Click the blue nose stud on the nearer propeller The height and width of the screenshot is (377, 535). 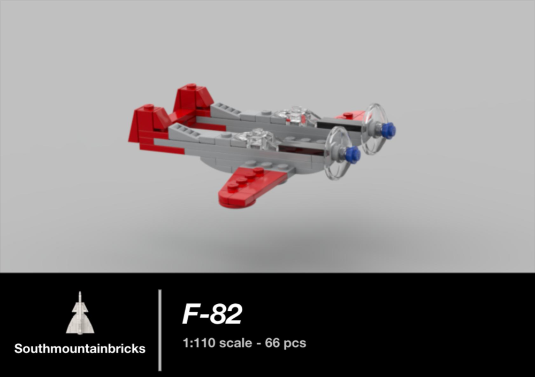pos(352,155)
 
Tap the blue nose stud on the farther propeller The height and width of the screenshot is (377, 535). pos(389,129)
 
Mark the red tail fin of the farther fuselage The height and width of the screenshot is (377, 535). pos(193,99)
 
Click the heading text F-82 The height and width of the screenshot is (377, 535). pos(212,315)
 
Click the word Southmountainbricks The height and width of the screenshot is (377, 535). pos(80,349)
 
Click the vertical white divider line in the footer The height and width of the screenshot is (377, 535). pos(159,329)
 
